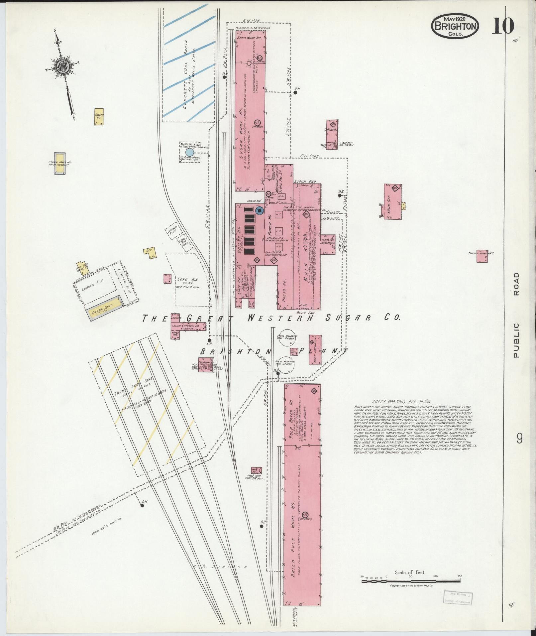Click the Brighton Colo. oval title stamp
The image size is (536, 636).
(x=456, y=26)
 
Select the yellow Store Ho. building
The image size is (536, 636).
(x=99, y=116)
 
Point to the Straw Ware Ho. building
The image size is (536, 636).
(x=60, y=164)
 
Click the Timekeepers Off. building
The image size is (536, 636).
(x=482, y=256)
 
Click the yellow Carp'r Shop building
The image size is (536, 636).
(x=104, y=307)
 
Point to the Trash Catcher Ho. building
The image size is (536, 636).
(x=180, y=326)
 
